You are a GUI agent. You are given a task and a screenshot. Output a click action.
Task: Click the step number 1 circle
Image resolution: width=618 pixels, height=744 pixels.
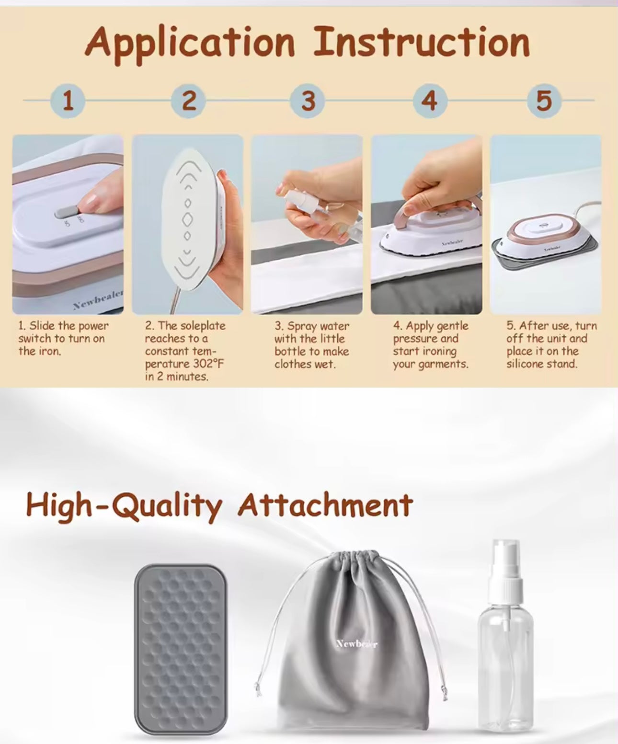tap(68, 101)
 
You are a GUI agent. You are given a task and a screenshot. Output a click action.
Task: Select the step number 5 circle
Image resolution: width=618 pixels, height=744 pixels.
tap(544, 101)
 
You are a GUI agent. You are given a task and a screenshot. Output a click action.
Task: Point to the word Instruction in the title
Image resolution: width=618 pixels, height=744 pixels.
tap(422, 42)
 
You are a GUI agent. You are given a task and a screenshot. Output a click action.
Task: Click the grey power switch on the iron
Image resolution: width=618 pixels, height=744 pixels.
tap(66, 212)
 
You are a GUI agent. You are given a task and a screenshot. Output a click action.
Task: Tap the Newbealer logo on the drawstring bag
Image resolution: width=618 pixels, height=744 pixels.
tap(357, 644)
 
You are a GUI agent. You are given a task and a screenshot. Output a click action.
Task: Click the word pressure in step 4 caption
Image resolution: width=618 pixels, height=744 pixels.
tap(416, 339)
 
